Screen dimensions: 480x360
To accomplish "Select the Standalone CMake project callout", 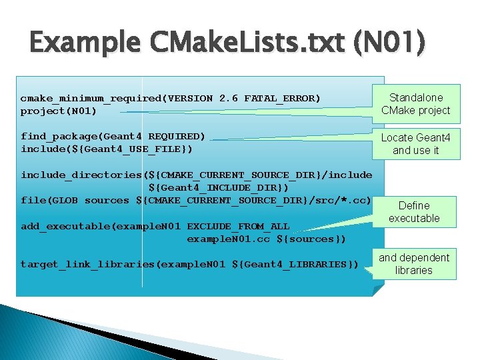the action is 415,104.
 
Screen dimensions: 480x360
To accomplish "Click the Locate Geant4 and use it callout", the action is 415,144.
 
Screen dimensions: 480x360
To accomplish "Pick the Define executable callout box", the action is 414,212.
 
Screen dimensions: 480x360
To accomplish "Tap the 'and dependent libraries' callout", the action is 414,264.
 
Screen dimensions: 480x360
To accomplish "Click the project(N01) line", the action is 59,111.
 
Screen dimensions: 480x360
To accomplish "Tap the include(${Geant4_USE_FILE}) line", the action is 107,149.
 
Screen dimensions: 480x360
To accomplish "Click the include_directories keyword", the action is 81,175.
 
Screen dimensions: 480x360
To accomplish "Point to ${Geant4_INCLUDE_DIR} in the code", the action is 219,187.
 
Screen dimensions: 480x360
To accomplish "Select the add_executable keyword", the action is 65,226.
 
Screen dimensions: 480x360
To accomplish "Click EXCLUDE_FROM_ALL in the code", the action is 238,226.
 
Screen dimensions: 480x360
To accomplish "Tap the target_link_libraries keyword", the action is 87,265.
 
